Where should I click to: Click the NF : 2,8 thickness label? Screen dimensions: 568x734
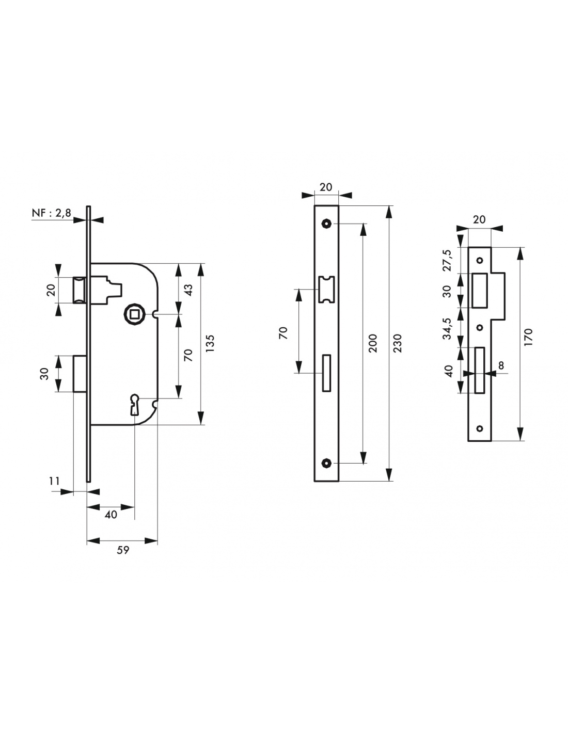tap(51, 213)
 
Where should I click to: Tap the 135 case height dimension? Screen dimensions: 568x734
tap(210, 343)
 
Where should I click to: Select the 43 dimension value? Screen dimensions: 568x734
tap(188, 290)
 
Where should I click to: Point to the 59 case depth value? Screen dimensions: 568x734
tap(123, 550)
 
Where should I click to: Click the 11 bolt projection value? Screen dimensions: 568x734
tap(54, 481)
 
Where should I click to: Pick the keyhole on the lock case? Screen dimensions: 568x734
tap(134, 404)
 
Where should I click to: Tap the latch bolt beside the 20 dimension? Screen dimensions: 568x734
tap(80, 290)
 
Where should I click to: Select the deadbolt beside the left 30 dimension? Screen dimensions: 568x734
tap(80, 373)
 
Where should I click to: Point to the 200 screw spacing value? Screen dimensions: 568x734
tap(373, 343)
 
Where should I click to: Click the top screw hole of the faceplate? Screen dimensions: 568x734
tap(326, 224)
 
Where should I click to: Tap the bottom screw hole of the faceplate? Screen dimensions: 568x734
tap(326, 463)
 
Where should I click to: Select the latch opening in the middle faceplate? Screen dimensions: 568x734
tap(326, 290)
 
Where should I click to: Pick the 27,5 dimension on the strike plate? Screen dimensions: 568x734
tap(447, 260)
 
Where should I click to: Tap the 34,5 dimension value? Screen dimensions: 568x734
tap(447, 328)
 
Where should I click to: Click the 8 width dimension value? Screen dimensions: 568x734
tap(501, 365)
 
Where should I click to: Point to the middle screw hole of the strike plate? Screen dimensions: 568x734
tap(479, 327)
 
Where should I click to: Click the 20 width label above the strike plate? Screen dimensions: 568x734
tap(479, 219)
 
